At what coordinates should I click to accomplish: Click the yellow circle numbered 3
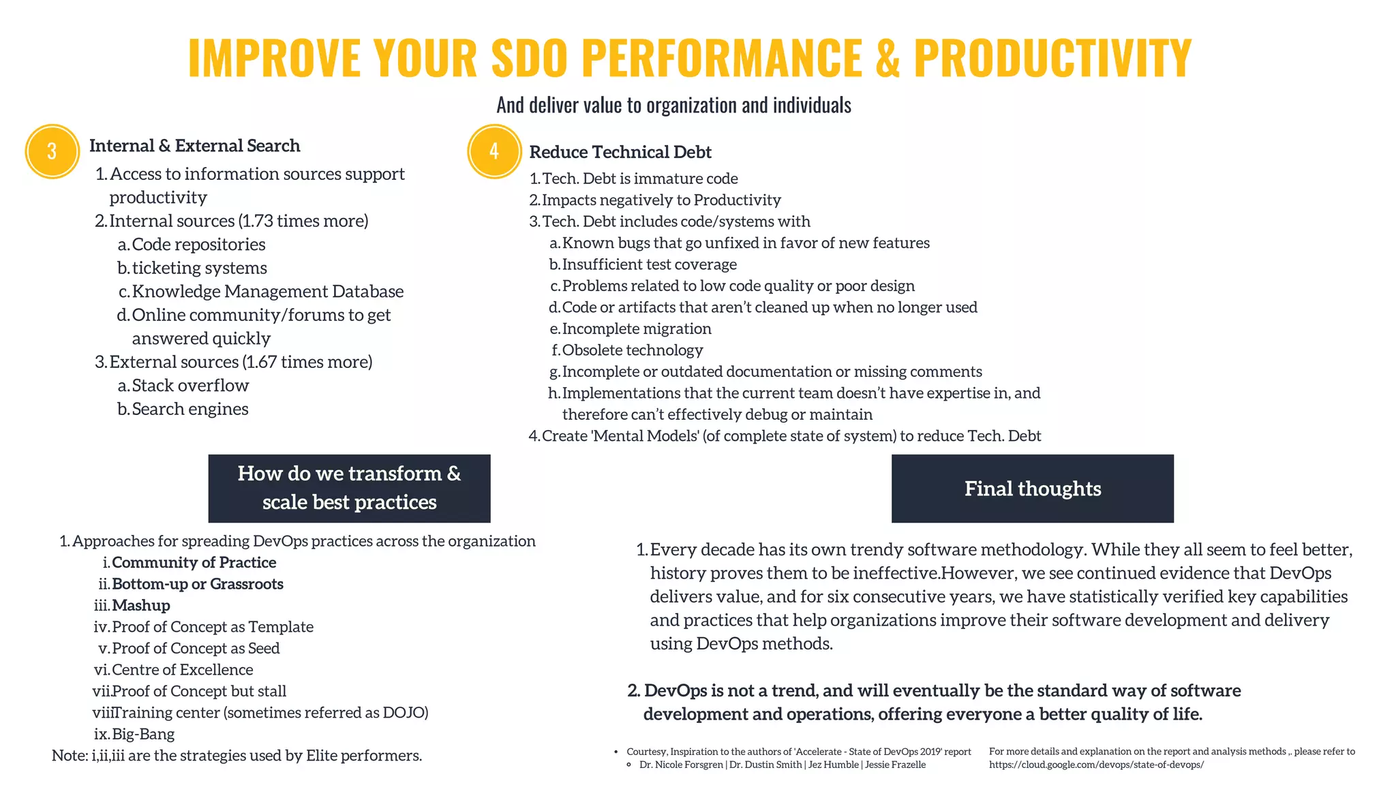pos(52,151)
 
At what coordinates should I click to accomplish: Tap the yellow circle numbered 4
pos(494,151)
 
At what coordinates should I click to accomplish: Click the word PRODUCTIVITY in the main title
pos(1052,57)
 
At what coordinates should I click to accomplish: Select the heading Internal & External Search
pos(194,146)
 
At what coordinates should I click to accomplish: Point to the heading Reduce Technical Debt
pos(620,152)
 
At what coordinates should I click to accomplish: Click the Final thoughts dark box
pos(1032,489)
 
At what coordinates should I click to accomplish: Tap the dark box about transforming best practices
pos(349,488)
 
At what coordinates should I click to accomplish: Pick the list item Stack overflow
pos(190,386)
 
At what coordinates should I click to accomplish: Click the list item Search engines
pos(190,409)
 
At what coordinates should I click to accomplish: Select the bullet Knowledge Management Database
pos(267,292)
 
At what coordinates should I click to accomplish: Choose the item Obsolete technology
pos(633,350)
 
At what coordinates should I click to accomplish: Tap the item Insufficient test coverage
pos(649,264)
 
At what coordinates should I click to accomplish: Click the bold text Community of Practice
pos(194,563)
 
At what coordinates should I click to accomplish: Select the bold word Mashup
pos(141,606)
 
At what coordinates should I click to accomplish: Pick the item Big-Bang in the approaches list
pos(143,735)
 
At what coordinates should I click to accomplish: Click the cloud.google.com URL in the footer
pos(1096,765)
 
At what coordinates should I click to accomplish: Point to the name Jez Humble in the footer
pos(833,765)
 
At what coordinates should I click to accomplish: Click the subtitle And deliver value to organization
pos(673,105)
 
